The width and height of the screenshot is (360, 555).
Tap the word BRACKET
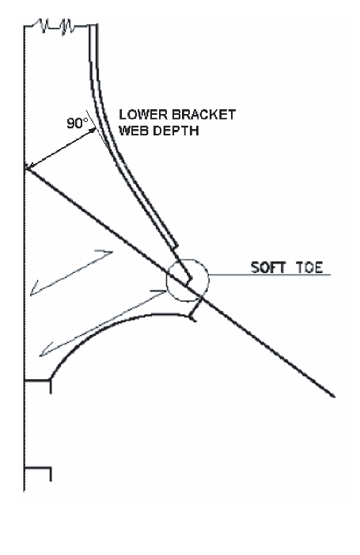coord(203,115)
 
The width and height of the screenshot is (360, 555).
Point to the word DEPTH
coord(176,131)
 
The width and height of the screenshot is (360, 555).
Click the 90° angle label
coord(77,124)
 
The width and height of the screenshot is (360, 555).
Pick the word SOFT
coord(268,268)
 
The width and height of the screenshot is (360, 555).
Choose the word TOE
coord(309,268)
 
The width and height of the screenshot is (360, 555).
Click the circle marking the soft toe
coord(208,280)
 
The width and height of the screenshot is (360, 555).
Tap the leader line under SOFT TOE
coord(270,275)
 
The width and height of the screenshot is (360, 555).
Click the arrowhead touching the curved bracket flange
coord(93,131)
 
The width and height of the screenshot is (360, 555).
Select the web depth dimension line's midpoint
coord(60,150)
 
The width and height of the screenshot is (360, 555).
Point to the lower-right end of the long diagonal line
coord(334,396)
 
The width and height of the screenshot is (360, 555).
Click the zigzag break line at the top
coord(57,26)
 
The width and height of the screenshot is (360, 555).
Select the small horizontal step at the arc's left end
coord(37,381)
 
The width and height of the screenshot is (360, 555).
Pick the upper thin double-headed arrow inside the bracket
coord(71,273)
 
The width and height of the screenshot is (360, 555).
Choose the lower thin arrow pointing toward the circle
coord(103,323)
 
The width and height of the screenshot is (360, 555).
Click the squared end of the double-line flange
coord(175,245)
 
